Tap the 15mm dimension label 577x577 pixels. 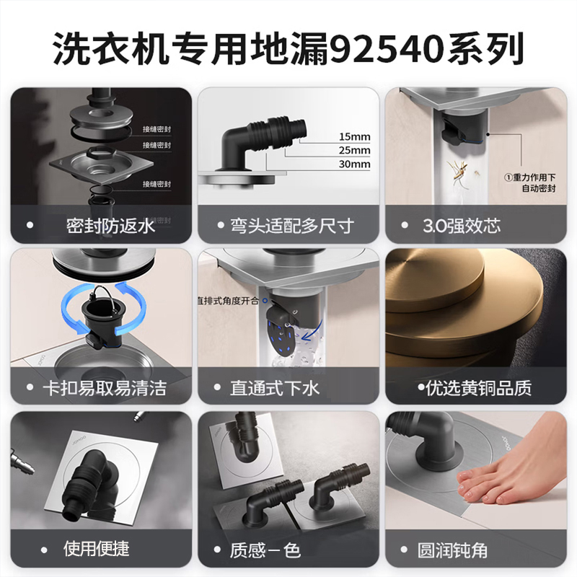[353, 136]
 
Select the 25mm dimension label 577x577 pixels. [353, 150]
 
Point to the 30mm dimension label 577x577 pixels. [353, 164]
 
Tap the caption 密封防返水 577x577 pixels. [110, 226]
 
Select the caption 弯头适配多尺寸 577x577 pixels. [296, 226]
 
